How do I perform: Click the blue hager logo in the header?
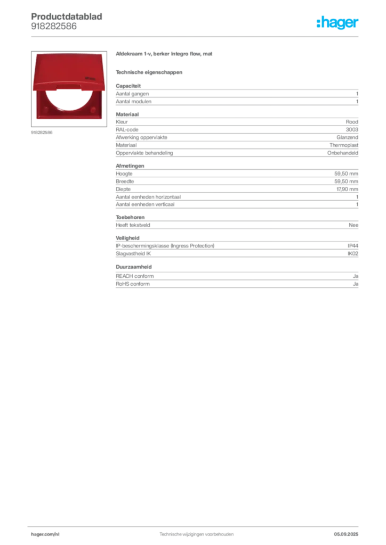pyautogui.click(x=338, y=22)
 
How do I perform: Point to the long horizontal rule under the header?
pyautogui.click(x=196, y=36)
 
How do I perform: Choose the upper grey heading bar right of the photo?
pyautogui.click(x=164, y=55)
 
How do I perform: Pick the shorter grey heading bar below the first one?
pyautogui.click(x=149, y=71)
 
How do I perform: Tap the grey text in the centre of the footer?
pyautogui.click(x=197, y=533)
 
